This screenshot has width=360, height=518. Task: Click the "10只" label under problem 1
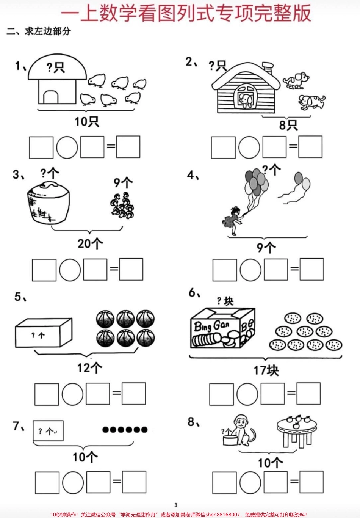[87, 121]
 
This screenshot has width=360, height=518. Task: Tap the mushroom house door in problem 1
[50, 97]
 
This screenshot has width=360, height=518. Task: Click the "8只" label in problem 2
[288, 125]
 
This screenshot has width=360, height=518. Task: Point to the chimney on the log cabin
[268, 68]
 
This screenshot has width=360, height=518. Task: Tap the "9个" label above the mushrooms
[123, 182]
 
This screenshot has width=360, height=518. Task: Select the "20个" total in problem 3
[90, 243]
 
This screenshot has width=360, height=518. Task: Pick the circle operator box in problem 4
[250, 270]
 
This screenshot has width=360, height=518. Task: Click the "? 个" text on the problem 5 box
[38, 335]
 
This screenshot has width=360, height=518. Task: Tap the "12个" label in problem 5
[89, 367]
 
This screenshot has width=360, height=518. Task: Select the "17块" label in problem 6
[266, 370]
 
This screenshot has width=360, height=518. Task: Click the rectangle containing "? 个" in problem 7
[48, 431]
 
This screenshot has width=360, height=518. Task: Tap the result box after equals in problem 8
[311, 482]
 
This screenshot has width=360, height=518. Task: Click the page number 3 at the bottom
[176, 505]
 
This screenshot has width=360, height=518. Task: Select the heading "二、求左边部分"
[39, 31]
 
